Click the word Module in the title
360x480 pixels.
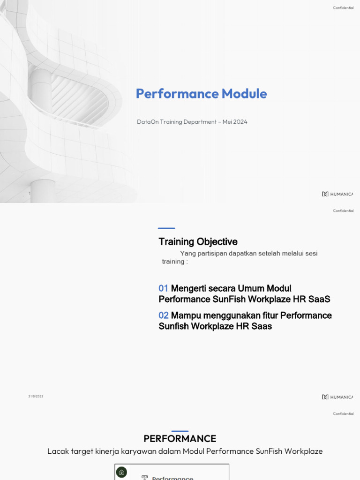click(x=244, y=94)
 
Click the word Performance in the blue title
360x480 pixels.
click(x=177, y=94)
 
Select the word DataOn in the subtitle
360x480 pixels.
click(x=148, y=122)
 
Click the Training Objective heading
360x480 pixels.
click(x=198, y=242)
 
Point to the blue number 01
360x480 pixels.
click(x=163, y=288)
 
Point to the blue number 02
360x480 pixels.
click(x=163, y=315)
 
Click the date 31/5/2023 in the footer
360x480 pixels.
click(x=36, y=397)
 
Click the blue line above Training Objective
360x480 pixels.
click(x=166, y=228)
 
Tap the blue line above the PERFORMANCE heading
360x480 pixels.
click(x=180, y=431)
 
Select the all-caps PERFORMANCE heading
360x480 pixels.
click(x=180, y=439)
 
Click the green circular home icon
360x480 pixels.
click(x=121, y=472)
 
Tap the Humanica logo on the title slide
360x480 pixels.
click(x=337, y=194)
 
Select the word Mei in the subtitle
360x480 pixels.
click(x=227, y=122)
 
